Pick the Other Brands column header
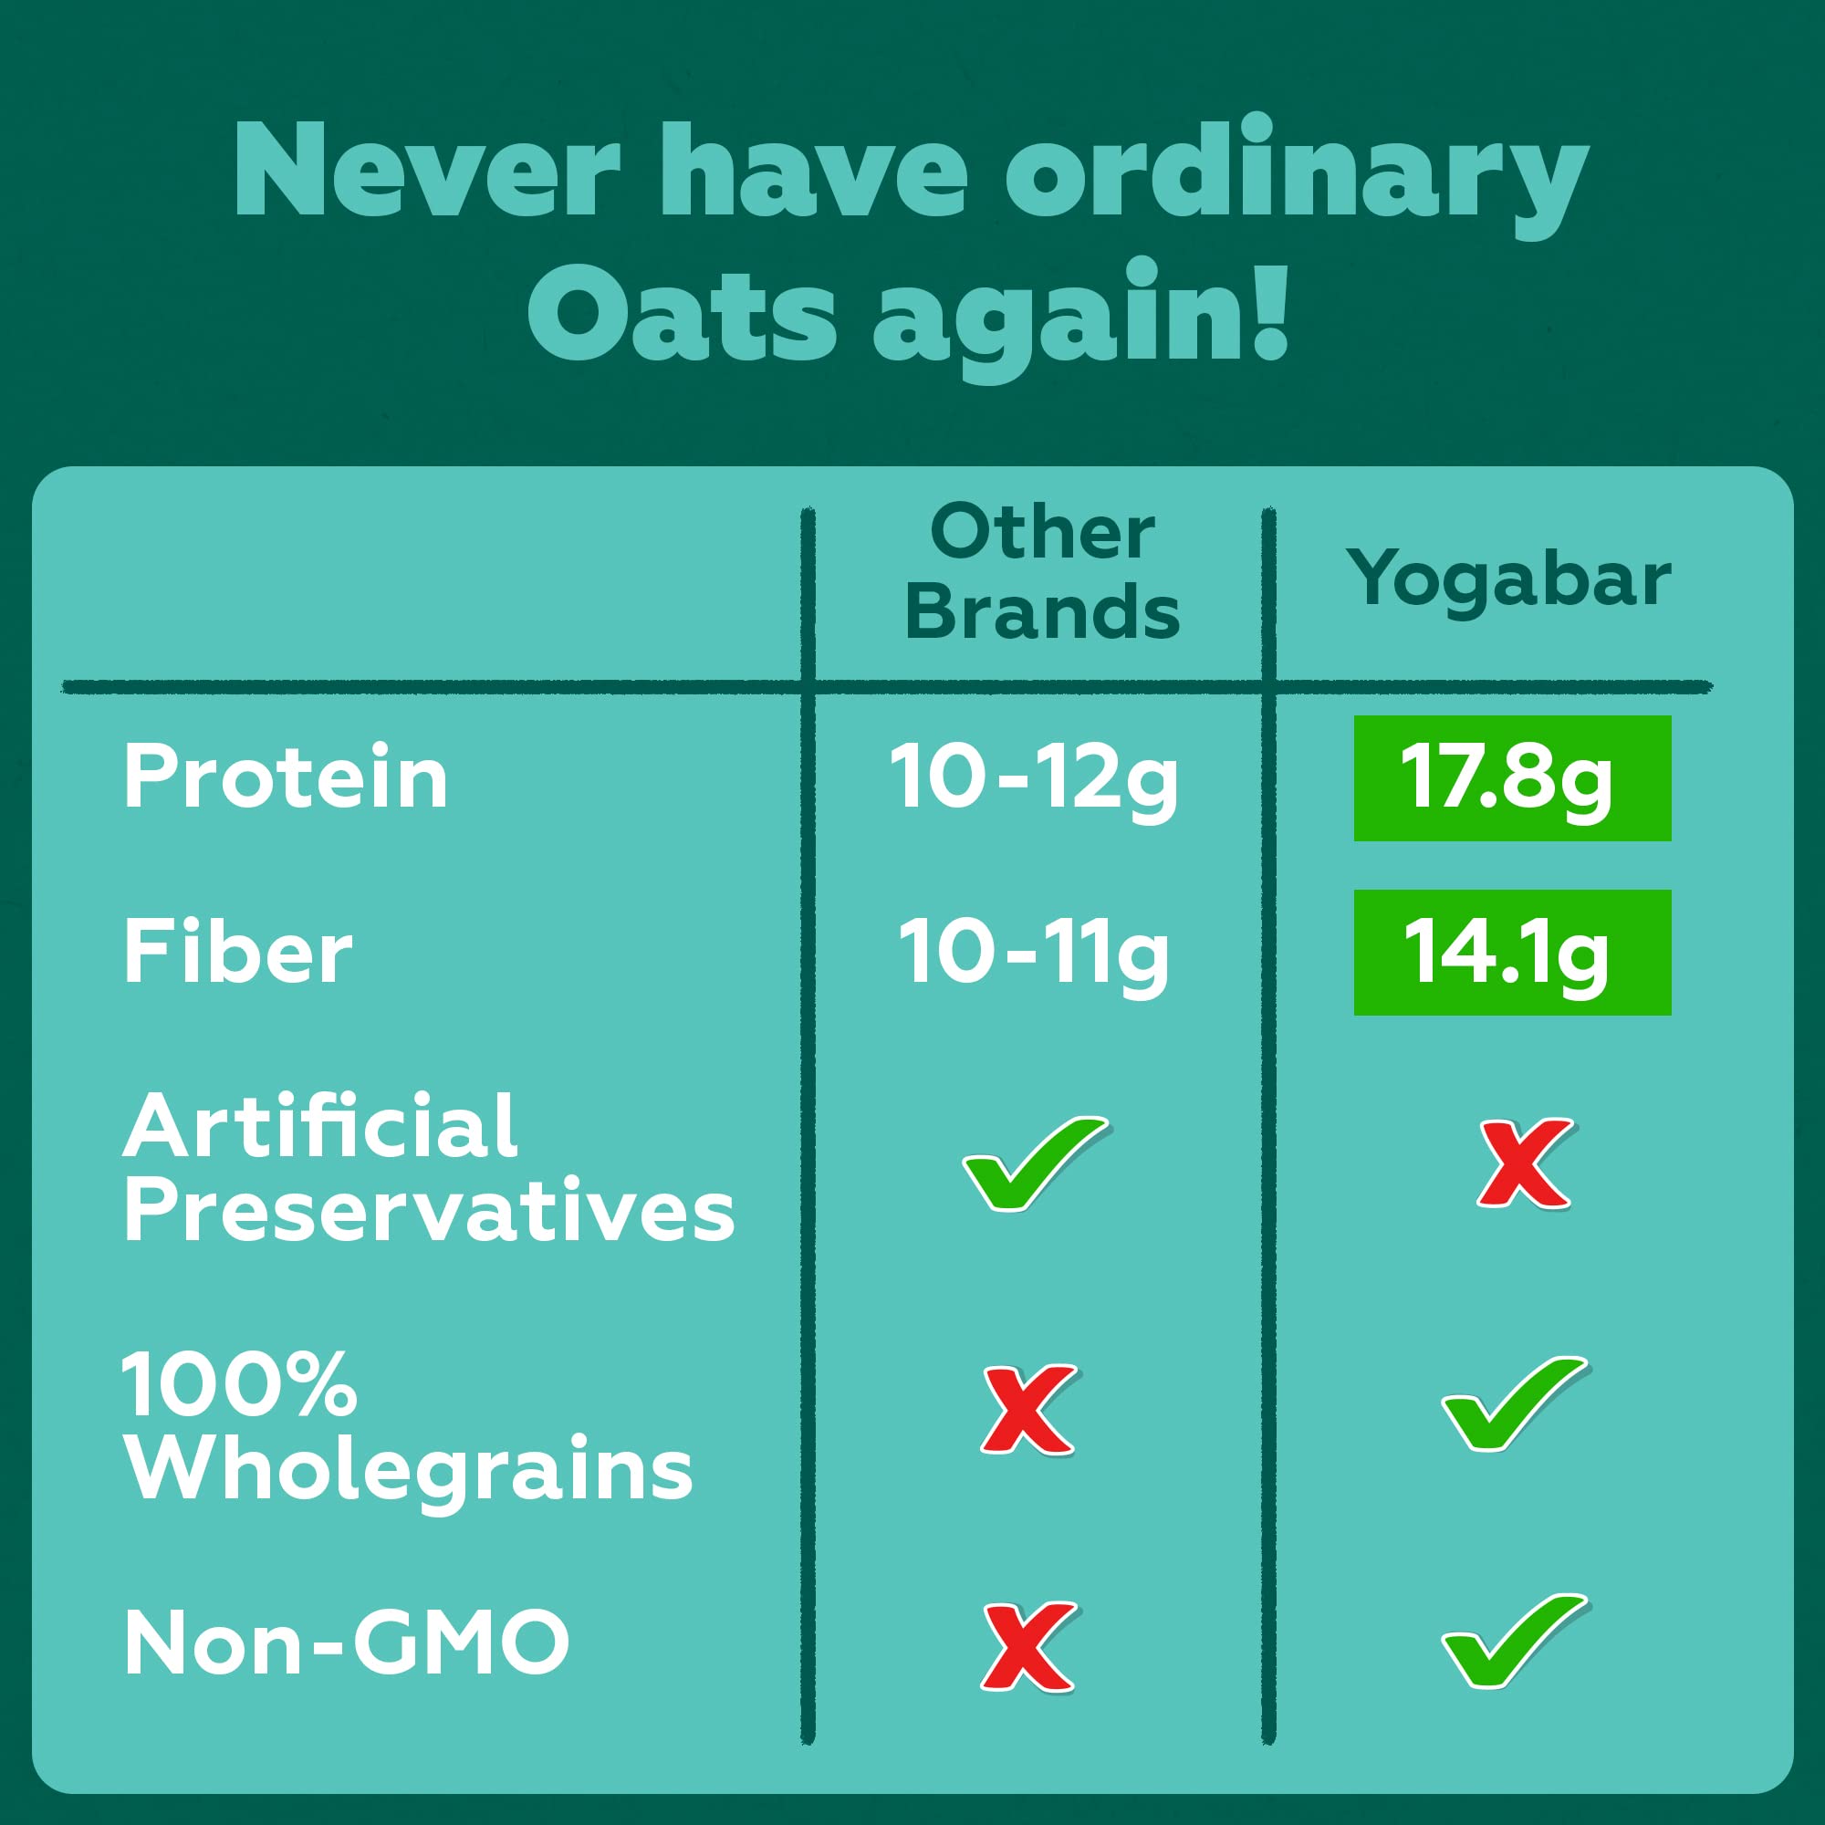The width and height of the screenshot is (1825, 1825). (1042, 572)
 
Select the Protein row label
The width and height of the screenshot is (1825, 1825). (286, 777)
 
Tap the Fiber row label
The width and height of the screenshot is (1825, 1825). (238, 954)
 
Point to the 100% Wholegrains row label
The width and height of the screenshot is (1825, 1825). (408, 1427)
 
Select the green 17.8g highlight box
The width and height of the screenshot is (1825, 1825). (1512, 778)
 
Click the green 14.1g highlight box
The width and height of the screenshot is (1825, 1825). (1512, 952)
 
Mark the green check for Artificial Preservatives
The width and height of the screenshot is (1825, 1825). (1036, 1163)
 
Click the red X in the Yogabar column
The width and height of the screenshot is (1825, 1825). (1525, 1163)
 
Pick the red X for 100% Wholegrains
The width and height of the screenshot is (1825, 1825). (1027, 1410)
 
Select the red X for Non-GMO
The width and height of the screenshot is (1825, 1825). (1027, 1646)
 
